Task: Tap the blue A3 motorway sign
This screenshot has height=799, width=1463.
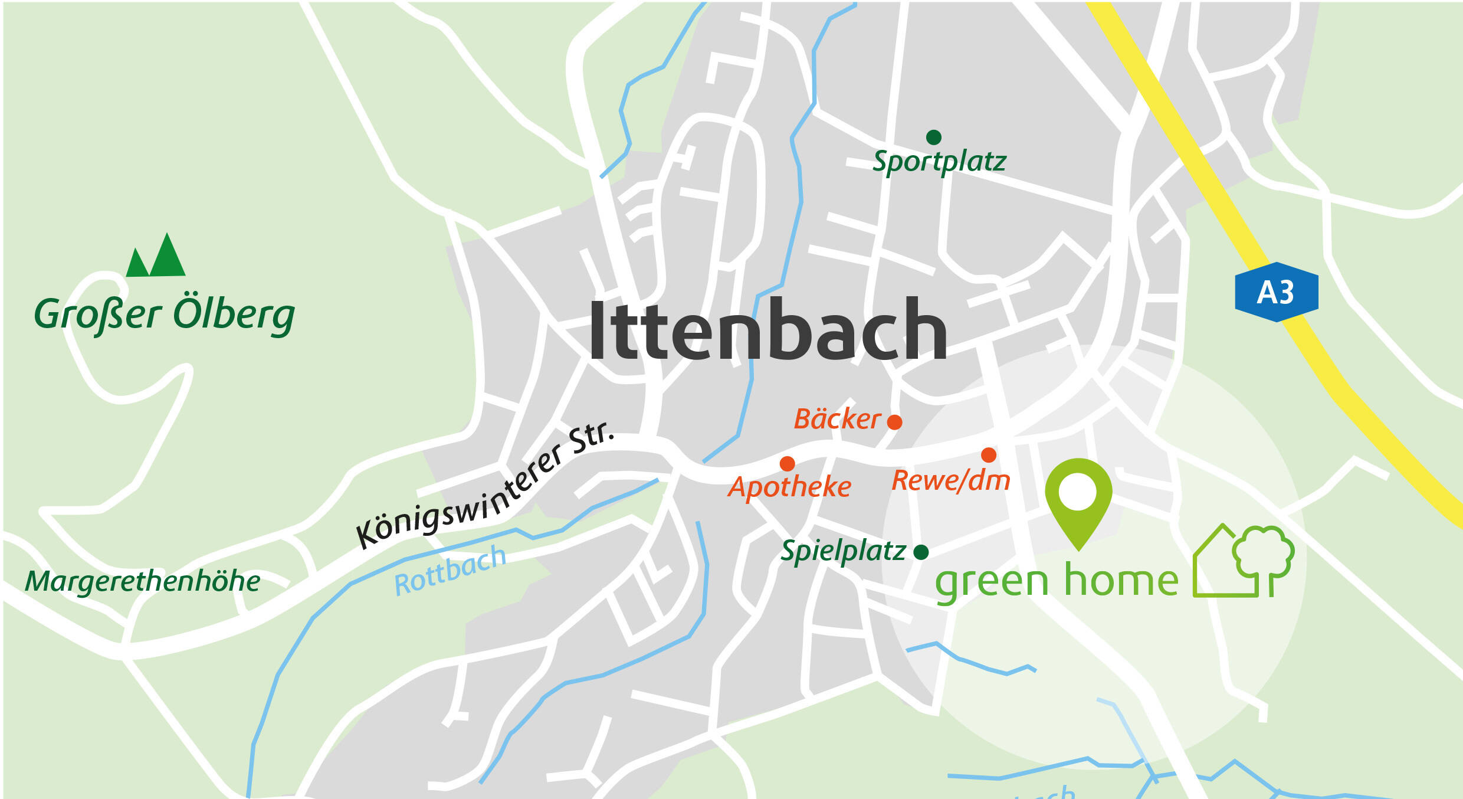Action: pos(1276,292)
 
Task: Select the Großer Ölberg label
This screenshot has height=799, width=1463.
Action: pos(164,314)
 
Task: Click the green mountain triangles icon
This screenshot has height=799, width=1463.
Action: pos(156,257)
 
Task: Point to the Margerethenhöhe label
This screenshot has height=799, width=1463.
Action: pos(142,581)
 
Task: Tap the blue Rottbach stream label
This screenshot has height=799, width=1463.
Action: pos(450,571)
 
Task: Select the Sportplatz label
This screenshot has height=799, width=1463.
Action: pos(939,161)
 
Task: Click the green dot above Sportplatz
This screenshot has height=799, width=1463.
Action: pos(933,137)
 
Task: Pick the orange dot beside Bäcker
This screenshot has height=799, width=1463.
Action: pos(894,422)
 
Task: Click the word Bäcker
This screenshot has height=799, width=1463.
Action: pos(837,419)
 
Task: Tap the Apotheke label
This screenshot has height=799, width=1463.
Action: pos(789,487)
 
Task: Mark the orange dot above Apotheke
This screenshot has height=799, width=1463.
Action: pos(787,464)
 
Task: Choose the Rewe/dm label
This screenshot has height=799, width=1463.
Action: pos(950,480)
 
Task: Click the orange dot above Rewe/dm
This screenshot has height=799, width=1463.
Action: pos(989,455)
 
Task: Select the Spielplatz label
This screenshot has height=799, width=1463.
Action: pos(843,551)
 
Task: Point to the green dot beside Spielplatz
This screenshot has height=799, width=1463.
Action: pos(921,552)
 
